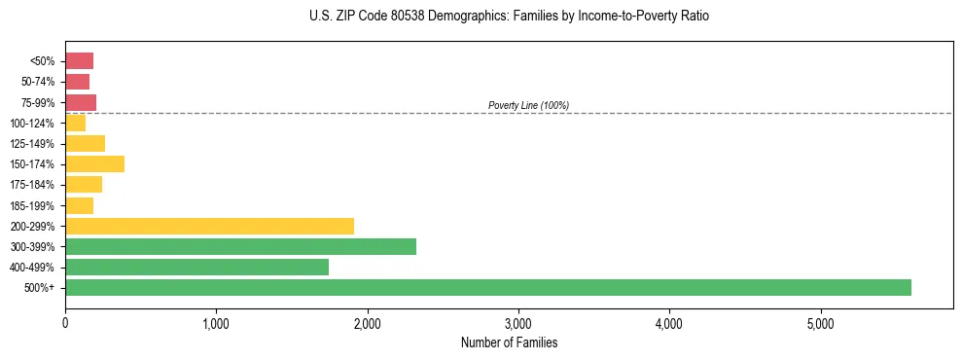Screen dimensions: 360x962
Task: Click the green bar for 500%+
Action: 487,287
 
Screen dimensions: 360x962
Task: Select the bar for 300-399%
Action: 240,246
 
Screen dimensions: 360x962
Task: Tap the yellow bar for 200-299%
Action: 209,226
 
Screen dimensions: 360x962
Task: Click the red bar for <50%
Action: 79,61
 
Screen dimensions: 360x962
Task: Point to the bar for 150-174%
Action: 94,164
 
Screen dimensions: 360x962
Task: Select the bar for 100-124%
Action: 75,123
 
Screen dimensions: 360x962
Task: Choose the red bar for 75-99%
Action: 81,102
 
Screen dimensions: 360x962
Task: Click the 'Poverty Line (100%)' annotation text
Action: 528,105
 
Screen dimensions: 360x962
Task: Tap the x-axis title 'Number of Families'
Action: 509,342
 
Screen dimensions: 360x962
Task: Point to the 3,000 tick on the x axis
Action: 518,323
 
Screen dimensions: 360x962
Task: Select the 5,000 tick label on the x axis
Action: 820,323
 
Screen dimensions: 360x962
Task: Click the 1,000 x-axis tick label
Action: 216,323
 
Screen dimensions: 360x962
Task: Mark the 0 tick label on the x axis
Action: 65,323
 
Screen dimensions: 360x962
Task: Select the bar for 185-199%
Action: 79,205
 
